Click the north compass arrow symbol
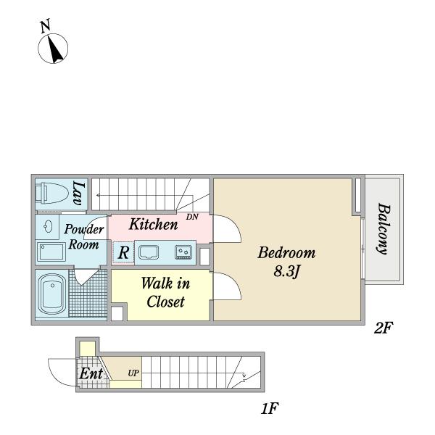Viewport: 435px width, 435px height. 53,49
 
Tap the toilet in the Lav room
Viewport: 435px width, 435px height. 51,192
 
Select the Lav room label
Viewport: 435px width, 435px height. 78,193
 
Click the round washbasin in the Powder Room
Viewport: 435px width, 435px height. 47,227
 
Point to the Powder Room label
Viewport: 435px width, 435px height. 84,236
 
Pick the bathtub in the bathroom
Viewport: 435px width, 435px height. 52,294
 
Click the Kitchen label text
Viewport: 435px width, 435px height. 154,224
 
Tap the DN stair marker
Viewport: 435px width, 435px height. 192,217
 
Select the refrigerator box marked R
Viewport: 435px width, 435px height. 123,253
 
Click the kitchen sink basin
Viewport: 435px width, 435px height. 149,252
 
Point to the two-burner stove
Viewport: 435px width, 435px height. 183,252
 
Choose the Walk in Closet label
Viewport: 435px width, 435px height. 166,292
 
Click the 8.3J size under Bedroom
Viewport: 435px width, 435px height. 286,271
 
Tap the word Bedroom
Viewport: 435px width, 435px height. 286,253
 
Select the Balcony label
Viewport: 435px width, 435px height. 384,229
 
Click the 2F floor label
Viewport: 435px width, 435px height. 383,328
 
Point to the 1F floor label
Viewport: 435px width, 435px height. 270,408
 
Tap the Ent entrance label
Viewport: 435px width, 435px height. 91,373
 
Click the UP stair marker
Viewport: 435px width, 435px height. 133,373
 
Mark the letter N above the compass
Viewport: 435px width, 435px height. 46,26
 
